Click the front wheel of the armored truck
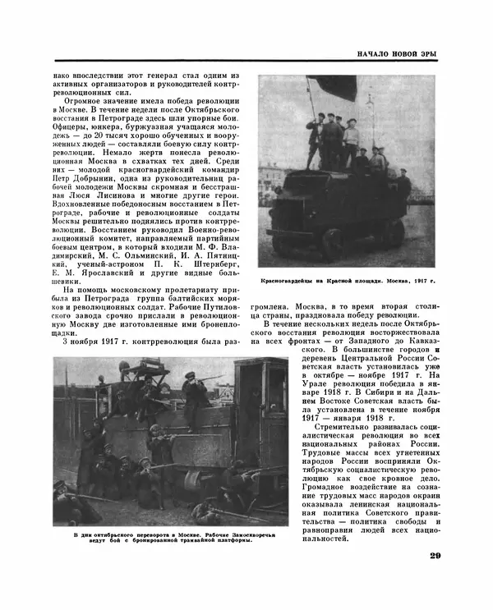click(x=333, y=240)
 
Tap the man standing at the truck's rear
click(x=403, y=185)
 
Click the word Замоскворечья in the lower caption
click(x=242, y=534)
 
